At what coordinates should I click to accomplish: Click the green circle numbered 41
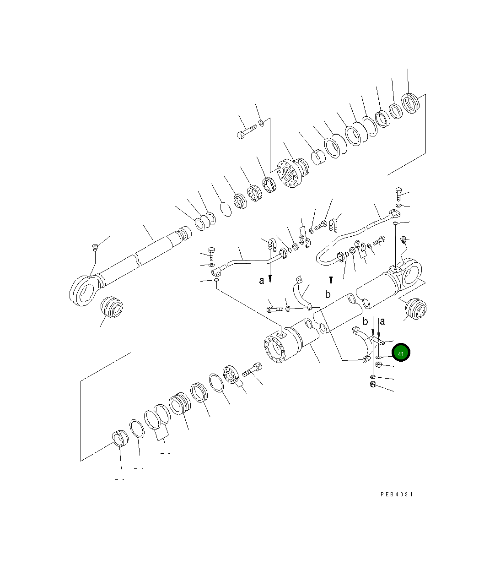coord(400,353)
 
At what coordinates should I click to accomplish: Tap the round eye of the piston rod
coord(84,291)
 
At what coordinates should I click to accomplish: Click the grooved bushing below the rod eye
coord(111,307)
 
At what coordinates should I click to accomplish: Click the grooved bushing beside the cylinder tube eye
coord(415,309)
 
